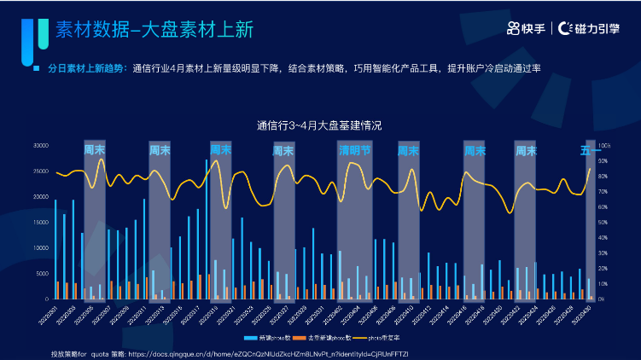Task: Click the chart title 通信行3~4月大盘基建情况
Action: click(x=319, y=125)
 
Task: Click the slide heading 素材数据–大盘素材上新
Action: click(x=154, y=31)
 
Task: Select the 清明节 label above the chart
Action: click(x=355, y=150)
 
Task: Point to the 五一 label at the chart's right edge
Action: click(x=590, y=151)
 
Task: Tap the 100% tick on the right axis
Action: click(x=604, y=146)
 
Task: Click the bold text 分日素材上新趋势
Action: click(x=85, y=67)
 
